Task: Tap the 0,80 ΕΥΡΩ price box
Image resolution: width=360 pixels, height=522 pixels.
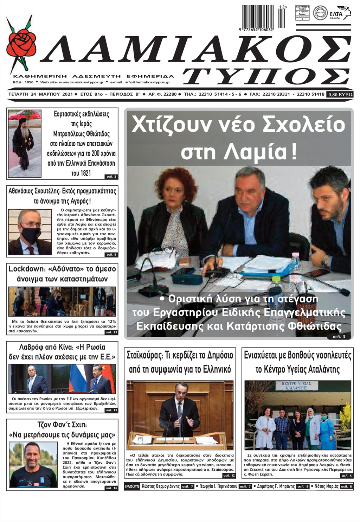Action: [x=340, y=94]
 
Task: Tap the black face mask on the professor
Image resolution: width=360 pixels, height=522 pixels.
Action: [x=31, y=234]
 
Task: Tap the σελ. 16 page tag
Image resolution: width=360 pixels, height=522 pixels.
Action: [x=111, y=488]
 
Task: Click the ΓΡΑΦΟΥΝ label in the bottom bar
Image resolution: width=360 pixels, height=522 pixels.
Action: [x=132, y=486]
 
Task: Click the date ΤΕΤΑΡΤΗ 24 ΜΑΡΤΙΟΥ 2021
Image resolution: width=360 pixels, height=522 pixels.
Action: [x=40, y=94]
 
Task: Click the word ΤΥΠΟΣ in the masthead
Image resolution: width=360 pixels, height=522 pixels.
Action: [x=266, y=76]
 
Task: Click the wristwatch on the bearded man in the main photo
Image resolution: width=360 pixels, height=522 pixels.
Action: [x=325, y=261]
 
